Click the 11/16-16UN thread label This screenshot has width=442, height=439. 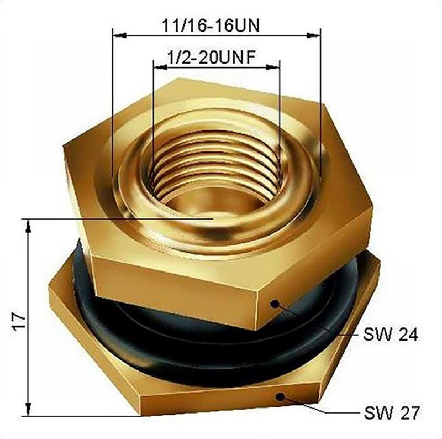pyautogui.click(x=211, y=25)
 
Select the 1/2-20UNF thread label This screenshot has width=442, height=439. pyautogui.click(x=212, y=58)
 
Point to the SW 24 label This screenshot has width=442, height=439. pyautogui.click(x=390, y=335)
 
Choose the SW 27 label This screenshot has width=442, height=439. pyautogui.click(x=392, y=413)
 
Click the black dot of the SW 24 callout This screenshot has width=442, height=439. pyautogui.click(x=274, y=304)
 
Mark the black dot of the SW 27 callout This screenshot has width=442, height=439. pyautogui.click(x=280, y=397)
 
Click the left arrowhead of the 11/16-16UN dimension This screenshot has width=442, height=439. pyautogui.click(x=119, y=35)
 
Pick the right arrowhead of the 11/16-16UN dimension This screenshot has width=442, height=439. pyautogui.click(x=313, y=35)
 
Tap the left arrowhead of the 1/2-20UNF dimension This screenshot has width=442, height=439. pyautogui.click(x=160, y=67)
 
